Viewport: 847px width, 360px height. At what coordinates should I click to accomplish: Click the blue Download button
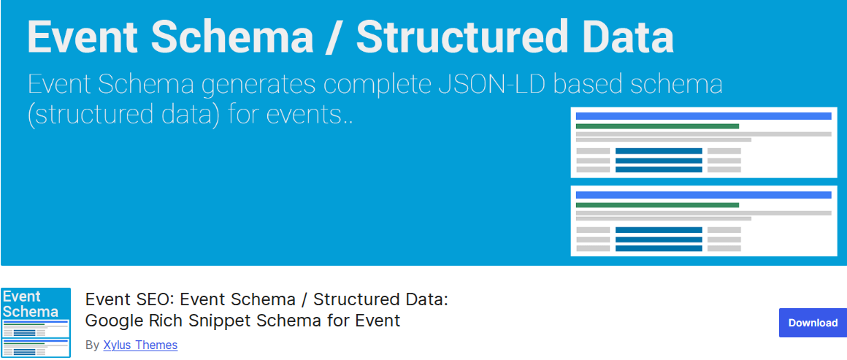point(813,323)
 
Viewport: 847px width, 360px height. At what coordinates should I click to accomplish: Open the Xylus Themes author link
point(140,345)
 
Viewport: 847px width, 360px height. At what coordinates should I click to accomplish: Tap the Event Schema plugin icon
point(36,323)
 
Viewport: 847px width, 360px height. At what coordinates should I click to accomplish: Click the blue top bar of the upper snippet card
point(703,116)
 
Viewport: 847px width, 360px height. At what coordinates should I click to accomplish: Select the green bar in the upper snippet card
point(657,126)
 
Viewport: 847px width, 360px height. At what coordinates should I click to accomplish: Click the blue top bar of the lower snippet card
point(703,194)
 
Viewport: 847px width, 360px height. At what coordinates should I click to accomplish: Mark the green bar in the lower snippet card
point(657,205)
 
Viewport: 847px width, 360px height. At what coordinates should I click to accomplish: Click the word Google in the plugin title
point(112,321)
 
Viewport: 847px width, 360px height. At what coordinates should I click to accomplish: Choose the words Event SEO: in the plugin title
point(120,299)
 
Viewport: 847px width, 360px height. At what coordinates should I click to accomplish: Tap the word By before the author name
point(93,345)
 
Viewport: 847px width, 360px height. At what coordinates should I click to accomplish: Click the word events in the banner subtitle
point(308,115)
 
